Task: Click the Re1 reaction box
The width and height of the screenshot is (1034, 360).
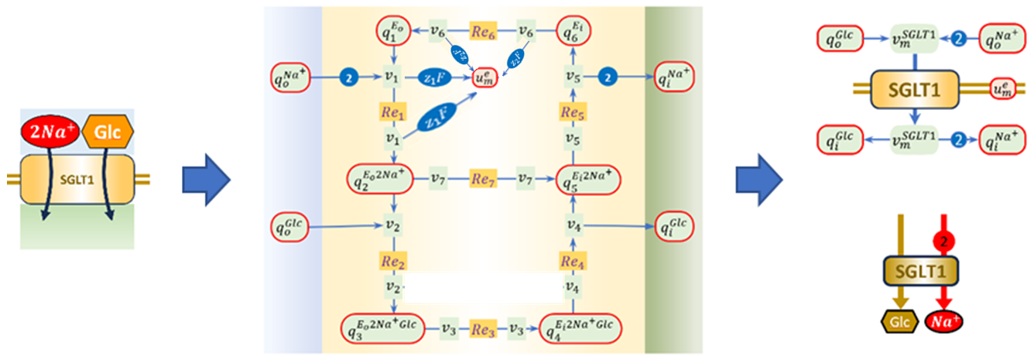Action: pos(393,111)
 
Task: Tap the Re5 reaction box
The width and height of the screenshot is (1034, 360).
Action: pos(573,111)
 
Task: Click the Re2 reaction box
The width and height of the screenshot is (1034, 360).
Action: pos(393,259)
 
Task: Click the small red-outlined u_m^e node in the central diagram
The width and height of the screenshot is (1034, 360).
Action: pos(485,77)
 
